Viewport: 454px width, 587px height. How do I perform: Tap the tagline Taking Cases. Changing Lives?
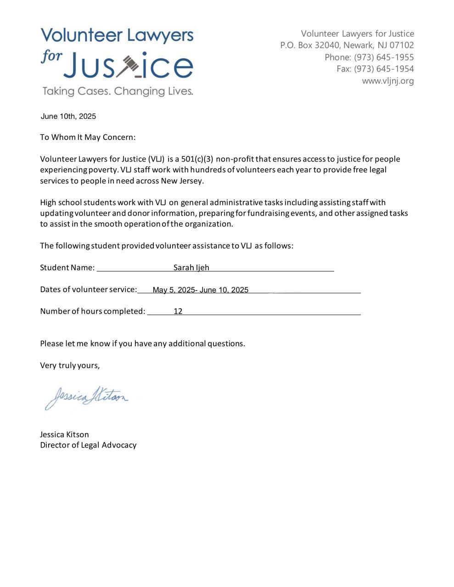click(x=118, y=91)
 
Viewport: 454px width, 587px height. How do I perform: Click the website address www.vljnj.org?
click(x=387, y=81)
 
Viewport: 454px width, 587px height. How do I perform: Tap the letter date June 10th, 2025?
click(x=68, y=116)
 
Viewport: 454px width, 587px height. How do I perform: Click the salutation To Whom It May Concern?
click(x=88, y=137)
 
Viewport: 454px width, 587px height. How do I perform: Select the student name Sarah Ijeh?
click(x=191, y=267)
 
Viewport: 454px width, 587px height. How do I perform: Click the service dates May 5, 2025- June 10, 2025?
click(x=201, y=290)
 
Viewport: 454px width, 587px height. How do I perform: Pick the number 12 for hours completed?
click(x=178, y=311)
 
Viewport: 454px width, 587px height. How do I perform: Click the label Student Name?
click(x=67, y=267)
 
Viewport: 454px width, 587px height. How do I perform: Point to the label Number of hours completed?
click(x=93, y=311)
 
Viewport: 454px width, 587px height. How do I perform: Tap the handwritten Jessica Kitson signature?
click(x=87, y=397)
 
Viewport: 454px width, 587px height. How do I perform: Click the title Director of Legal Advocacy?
click(x=88, y=445)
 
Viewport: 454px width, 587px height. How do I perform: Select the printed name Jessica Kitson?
click(x=64, y=434)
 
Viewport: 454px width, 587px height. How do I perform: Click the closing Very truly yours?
click(x=70, y=365)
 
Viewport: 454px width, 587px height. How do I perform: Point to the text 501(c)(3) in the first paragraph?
click(x=197, y=159)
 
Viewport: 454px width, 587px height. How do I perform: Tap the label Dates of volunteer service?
click(x=89, y=289)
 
